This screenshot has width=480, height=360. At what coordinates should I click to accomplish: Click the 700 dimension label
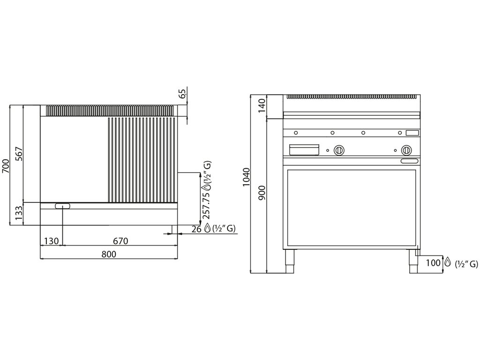pyautogui.click(x=6, y=165)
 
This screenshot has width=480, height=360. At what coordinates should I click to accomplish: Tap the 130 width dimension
pyautogui.click(x=51, y=241)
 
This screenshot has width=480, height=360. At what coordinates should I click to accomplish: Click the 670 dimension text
pyautogui.click(x=120, y=241)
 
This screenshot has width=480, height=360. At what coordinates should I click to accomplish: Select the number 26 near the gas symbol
pyautogui.click(x=196, y=229)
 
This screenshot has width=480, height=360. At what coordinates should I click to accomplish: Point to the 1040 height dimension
pyautogui.click(x=248, y=177)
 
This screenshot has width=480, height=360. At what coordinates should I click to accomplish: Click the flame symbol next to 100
pyautogui.click(x=448, y=262)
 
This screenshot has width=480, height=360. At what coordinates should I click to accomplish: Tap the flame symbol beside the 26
pyautogui.click(x=207, y=229)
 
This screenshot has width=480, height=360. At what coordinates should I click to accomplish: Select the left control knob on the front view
pyautogui.click(x=339, y=150)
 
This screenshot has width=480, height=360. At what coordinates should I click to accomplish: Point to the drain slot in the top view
pyautogui.click(x=63, y=206)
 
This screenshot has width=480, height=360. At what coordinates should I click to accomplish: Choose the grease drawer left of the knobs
pyautogui.click(x=305, y=149)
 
